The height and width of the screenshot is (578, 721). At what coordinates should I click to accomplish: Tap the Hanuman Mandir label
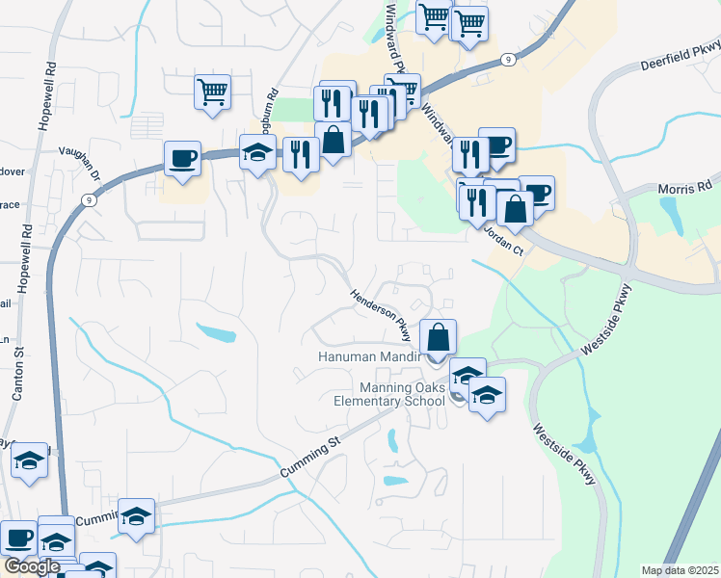370,357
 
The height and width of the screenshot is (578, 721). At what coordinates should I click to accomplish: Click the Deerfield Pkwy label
681,57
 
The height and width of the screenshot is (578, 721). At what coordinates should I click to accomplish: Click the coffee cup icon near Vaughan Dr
181,157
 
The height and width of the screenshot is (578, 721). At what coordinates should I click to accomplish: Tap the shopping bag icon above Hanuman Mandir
438,337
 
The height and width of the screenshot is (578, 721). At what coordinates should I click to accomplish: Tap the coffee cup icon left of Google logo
17,538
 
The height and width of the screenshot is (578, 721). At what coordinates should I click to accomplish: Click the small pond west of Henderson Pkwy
216,333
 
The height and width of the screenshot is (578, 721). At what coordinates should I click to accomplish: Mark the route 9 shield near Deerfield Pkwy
507,59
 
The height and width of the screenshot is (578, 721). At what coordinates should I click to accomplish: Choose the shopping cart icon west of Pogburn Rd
213,92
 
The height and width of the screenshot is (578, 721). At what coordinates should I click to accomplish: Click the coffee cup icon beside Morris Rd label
538,192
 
